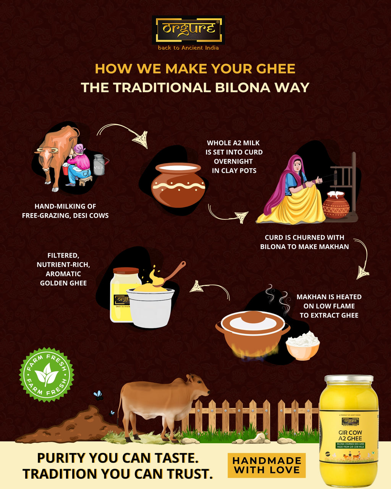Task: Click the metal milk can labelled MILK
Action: (x=99, y=165)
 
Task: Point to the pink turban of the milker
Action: (x=79, y=148)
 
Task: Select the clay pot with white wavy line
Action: (x=178, y=185)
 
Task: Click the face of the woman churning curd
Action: (x=297, y=166)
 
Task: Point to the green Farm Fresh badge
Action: (x=47, y=375)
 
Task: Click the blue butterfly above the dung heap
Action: (x=99, y=395)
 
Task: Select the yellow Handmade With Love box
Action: (x=267, y=465)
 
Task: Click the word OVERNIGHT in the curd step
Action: (x=233, y=161)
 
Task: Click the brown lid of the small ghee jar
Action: (x=126, y=270)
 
